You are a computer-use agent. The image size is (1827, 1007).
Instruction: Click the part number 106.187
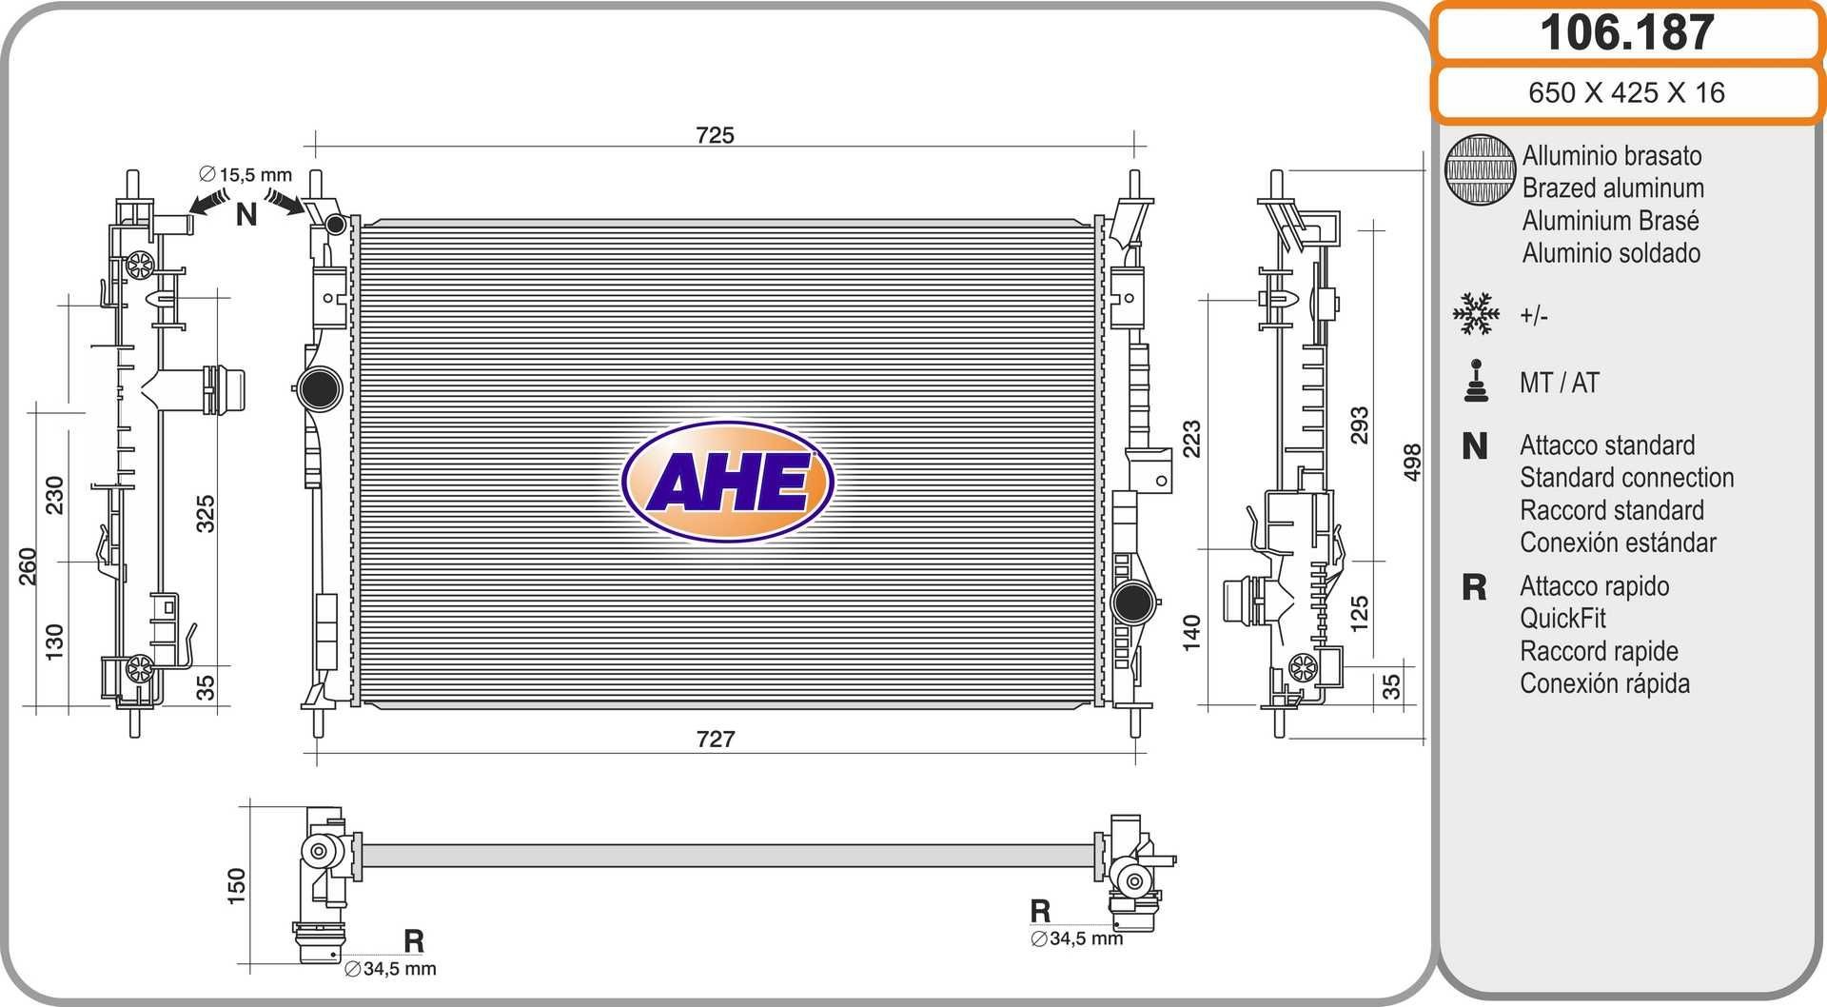[x=1626, y=33]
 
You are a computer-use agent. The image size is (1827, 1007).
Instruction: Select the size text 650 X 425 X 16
[x=1626, y=92]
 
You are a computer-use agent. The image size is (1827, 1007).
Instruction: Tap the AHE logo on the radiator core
[x=728, y=482]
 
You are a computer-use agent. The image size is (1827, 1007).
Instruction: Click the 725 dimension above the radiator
[x=715, y=135]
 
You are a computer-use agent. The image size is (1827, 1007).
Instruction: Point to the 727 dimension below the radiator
[x=715, y=739]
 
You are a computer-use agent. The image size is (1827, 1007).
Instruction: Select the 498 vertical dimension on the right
[x=1412, y=462]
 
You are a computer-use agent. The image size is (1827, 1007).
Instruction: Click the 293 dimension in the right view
[x=1360, y=425]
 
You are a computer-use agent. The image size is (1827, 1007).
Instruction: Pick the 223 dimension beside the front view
[x=1191, y=438]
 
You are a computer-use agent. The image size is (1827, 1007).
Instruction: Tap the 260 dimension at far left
[x=28, y=566]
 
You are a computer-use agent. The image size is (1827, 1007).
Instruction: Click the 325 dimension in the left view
[x=206, y=513]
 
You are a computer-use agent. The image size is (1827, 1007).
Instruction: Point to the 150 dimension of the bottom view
[x=236, y=885]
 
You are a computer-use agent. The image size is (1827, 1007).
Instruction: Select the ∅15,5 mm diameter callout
[x=246, y=175]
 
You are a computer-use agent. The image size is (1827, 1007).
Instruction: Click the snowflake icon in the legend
[x=1476, y=314]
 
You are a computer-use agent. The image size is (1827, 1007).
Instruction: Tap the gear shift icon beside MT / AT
[x=1476, y=382]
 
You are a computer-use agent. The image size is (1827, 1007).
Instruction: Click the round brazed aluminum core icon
[x=1480, y=169]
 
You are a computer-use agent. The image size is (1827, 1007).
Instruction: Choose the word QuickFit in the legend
[x=1562, y=619]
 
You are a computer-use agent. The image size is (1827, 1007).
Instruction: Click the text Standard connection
[x=1626, y=478]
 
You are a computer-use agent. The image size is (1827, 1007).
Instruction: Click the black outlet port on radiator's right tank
[x=1132, y=602]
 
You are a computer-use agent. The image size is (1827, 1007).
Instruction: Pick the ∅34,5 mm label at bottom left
[x=389, y=969]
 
